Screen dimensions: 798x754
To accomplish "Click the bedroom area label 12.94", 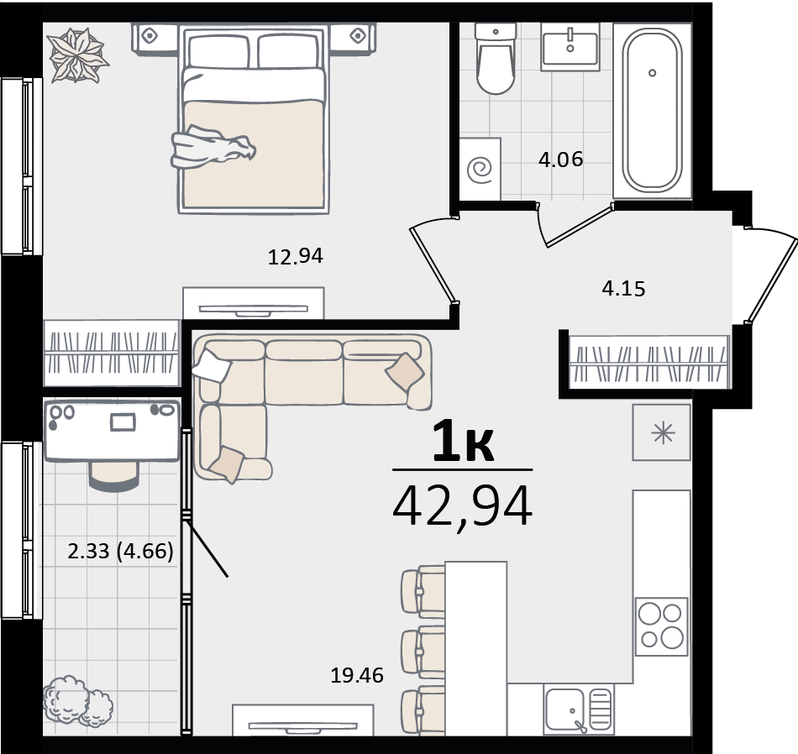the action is [295, 256].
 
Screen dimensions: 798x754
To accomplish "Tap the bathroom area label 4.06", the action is [560, 160].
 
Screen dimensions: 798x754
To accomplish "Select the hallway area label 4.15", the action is [623, 289].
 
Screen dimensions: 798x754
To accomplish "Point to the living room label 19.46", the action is [357, 675].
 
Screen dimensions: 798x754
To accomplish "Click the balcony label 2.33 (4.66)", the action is [121, 551].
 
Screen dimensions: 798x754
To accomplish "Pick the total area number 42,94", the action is [463, 506].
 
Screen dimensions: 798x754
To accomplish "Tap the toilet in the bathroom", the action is [496, 59].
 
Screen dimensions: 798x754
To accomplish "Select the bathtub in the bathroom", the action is [652, 110].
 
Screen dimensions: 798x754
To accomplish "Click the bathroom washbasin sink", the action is [570, 46].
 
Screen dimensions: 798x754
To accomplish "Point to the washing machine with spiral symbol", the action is [480, 169].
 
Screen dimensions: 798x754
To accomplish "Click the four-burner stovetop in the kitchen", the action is [661, 626].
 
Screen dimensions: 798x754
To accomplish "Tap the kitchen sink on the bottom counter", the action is [578, 709].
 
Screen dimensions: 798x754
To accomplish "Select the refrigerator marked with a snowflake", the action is [662, 432].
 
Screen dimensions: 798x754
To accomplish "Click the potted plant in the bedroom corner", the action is [78, 55].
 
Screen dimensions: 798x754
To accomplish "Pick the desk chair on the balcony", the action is [113, 476].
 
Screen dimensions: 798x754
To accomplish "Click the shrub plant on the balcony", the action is [78, 701].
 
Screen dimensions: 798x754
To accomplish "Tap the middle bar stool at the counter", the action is [423, 652].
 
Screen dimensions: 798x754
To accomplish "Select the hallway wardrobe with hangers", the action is [648, 361].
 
